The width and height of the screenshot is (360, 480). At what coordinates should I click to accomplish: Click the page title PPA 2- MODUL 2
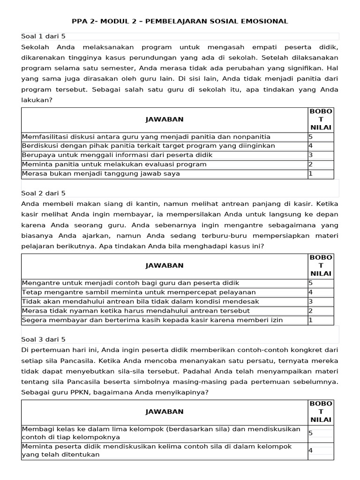[x=180, y=21]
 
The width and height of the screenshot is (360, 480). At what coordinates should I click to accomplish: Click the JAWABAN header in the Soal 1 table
[x=165, y=120]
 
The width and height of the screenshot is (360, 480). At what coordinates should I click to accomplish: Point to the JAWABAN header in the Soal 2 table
[x=165, y=265]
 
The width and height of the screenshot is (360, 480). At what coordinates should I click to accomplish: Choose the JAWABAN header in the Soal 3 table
[x=165, y=411]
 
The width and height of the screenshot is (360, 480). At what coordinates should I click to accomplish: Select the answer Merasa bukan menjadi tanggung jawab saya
[x=101, y=173]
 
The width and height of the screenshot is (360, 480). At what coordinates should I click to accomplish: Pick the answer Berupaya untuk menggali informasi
[x=117, y=155]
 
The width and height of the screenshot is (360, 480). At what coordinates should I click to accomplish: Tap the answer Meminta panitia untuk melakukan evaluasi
[x=114, y=164]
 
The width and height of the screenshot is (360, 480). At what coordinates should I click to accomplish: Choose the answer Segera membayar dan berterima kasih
[x=152, y=320]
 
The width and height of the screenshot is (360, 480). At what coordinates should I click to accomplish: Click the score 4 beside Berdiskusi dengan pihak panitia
[x=310, y=146]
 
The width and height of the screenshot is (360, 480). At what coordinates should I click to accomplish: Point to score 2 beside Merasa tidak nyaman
[x=310, y=310]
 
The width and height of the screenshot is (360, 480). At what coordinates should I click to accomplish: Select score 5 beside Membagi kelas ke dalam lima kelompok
[x=310, y=433]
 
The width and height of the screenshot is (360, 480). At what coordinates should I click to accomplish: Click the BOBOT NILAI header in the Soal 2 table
[x=321, y=265]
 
